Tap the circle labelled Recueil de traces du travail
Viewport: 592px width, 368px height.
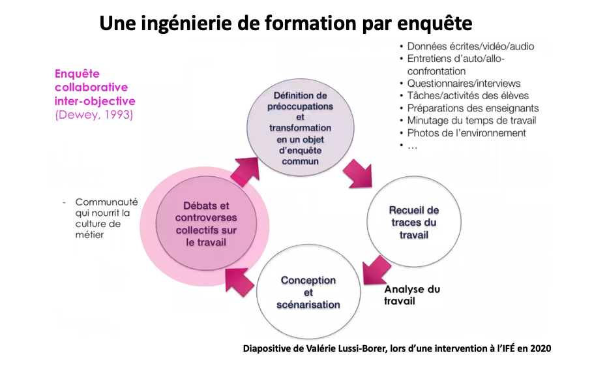pos(413,222)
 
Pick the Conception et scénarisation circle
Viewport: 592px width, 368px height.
pos(308,292)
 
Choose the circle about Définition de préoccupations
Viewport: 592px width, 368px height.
pos(300,127)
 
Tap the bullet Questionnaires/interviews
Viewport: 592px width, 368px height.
pos(464,83)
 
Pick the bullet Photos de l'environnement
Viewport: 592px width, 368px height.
pos(466,132)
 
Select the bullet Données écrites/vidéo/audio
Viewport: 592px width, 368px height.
pos(470,46)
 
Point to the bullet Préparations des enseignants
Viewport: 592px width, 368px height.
pos(473,108)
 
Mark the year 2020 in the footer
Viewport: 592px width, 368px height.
pos(539,348)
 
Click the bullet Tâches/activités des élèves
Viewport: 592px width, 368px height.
pos(467,95)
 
